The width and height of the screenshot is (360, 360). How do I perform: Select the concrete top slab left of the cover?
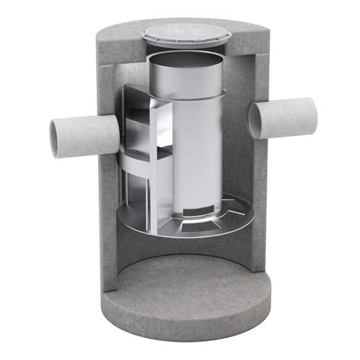pos(122,38)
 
